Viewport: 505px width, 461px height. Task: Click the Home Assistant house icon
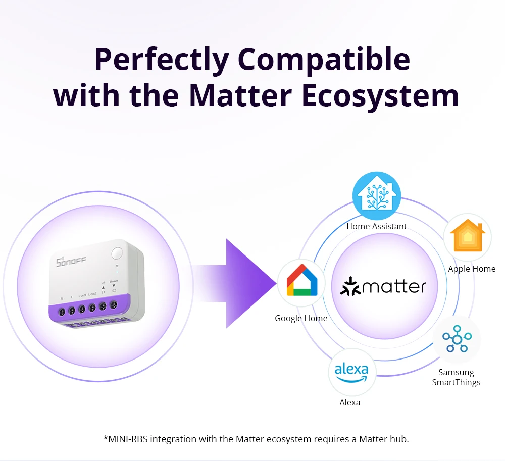(376, 195)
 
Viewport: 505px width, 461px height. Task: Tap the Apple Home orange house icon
(468, 236)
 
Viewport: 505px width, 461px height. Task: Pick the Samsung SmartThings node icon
(457, 339)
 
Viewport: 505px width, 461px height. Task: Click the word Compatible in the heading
(324, 60)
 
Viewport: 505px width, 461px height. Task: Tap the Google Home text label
(301, 318)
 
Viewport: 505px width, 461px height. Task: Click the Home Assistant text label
(376, 226)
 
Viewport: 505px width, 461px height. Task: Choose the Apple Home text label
(472, 269)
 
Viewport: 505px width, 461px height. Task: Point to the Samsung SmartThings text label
(456, 377)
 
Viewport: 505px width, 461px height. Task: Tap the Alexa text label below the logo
(350, 402)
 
